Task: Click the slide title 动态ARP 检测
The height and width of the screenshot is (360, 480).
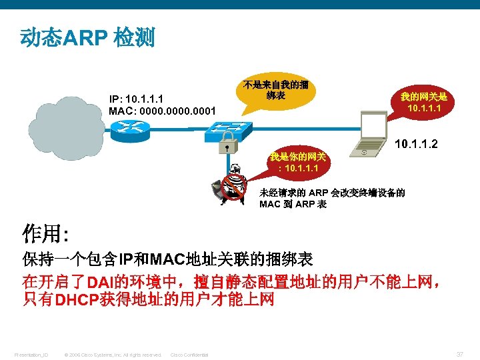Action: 87,37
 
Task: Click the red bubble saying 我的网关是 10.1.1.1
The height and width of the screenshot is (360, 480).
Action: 423,103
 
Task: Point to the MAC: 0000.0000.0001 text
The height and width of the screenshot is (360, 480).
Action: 162,111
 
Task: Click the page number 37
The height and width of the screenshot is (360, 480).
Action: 460,354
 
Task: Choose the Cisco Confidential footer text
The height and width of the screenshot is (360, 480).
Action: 189,355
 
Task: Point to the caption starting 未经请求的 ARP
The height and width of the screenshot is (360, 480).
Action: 331,199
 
